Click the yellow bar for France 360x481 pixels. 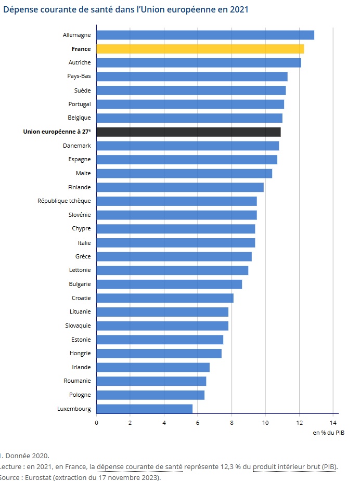pyautogui.click(x=200, y=49)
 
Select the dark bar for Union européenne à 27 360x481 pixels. pyautogui.click(x=188, y=132)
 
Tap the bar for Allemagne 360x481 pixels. pyautogui.click(x=205, y=35)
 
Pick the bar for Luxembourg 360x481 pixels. pyautogui.click(x=144, y=409)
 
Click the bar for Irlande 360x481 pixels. pyautogui.click(x=153, y=367)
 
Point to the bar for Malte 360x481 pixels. pyautogui.click(x=184, y=173)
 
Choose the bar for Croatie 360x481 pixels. pyautogui.click(x=165, y=298)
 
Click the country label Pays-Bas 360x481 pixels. pyautogui.click(x=79, y=76)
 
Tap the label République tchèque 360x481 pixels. pyautogui.click(x=64, y=201)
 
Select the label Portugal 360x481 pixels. pyautogui.click(x=80, y=104)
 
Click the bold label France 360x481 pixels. pyautogui.click(x=81, y=49)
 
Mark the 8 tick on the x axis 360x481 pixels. pyautogui.click(x=232, y=422)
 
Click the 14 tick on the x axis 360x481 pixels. pyautogui.click(x=333, y=422)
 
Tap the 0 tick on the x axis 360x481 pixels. pyautogui.click(x=96, y=422)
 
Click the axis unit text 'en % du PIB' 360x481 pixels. pyautogui.click(x=328, y=433)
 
